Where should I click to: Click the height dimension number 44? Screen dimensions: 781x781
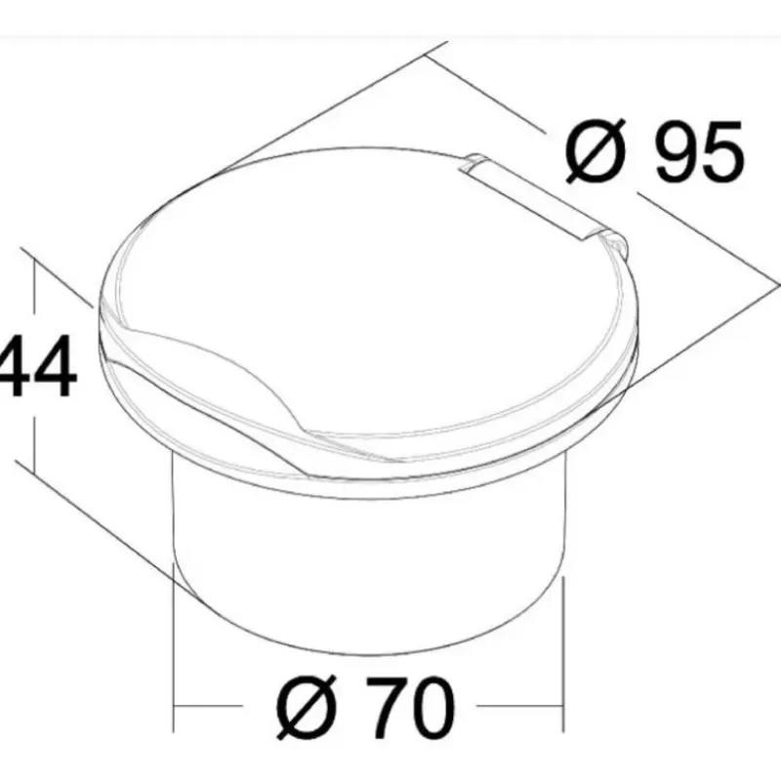tap(37, 366)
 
